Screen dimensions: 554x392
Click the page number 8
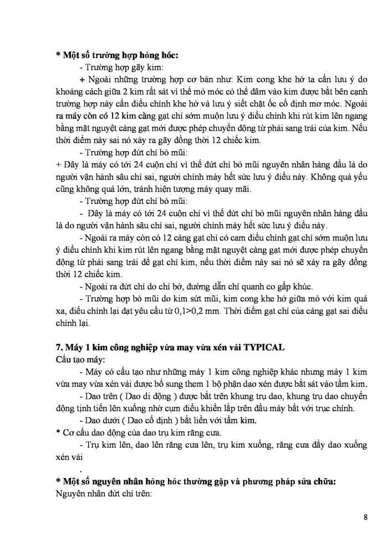366,517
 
